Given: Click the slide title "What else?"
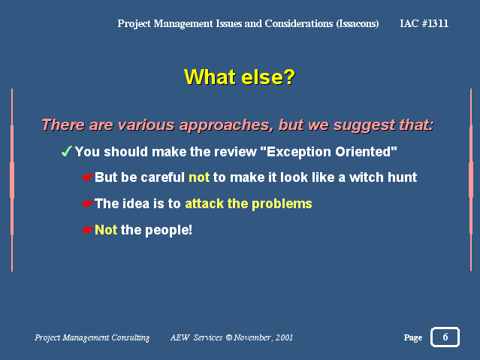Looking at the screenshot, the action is coord(240,77).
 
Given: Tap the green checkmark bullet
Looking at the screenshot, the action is coord(66,151).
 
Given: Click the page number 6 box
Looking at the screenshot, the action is coord(445,337).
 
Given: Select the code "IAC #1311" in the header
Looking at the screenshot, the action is coord(424,23).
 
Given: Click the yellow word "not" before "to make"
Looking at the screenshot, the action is coord(199,177).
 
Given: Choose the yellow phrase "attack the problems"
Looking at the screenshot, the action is coord(249,204).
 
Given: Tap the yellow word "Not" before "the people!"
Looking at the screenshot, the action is coord(106,230).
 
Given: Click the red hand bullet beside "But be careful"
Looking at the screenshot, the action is coord(88,177).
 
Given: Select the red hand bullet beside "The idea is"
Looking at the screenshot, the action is coord(88,204).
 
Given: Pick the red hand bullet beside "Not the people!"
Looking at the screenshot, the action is coord(88,230).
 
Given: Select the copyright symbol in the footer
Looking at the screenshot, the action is coord(229,337).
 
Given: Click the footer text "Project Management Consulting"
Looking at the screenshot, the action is coord(92,337).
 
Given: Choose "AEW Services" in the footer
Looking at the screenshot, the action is coord(196,337).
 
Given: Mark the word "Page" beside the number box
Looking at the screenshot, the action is coord(413,337).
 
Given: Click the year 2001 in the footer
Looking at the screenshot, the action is coord(284,337).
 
